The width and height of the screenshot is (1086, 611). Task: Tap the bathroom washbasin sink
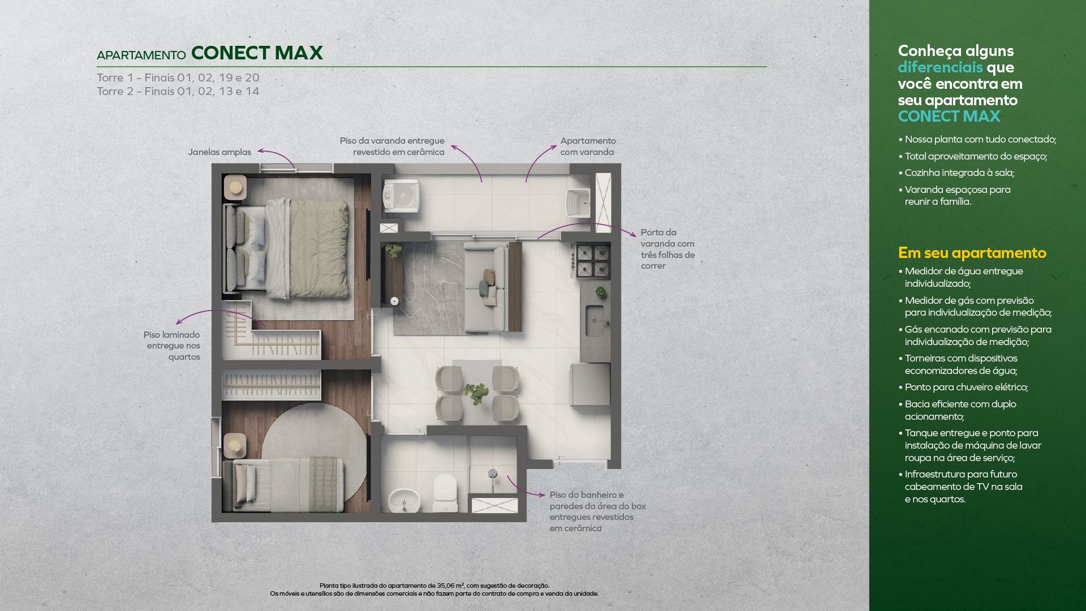[404, 500]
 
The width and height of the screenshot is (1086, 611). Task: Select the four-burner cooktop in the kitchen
[593, 260]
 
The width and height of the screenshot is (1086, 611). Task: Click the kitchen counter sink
[594, 320]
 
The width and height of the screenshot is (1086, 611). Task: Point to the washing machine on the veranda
[402, 196]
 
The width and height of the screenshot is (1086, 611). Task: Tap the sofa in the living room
[485, 287]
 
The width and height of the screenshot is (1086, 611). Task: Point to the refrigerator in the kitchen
[591, 385]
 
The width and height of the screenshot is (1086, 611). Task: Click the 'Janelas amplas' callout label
[219, 152]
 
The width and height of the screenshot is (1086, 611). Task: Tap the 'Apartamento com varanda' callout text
[588, 146]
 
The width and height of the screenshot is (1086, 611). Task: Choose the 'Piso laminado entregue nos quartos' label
[172, 346]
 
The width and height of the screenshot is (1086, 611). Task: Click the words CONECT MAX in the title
[257, 53]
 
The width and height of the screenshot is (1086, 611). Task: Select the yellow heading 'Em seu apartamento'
[972, 253]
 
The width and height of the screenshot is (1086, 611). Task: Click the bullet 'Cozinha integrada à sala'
[956, 173]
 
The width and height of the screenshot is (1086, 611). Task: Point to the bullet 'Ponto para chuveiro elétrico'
[963, 387]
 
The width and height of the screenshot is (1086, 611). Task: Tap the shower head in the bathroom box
[493, 474]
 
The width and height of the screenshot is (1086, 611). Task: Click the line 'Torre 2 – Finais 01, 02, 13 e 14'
[178, 91]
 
